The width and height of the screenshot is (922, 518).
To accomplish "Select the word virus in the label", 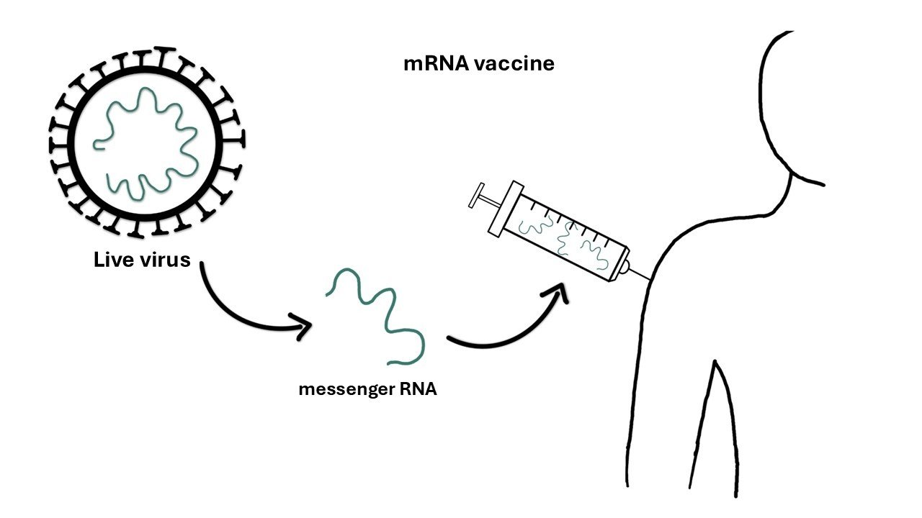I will point(166,260).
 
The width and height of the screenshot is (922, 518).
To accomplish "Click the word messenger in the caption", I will point(343,391).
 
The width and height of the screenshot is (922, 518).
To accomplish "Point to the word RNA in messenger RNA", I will point(418,391).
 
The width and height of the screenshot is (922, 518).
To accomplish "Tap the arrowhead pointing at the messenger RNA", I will point(303,328).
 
